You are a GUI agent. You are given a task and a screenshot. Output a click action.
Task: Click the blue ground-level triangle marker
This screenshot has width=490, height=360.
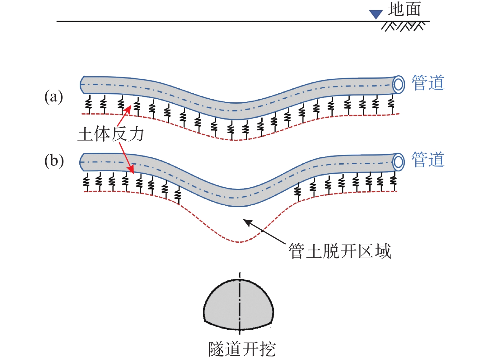pyautogui.click(x=376, y=14)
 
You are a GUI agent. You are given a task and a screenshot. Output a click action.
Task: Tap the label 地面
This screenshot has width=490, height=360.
pyautogui.click(x=404, y=9)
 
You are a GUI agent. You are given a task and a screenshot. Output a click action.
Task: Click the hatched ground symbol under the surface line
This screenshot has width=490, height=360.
pyautogui.click(x=403, y=26)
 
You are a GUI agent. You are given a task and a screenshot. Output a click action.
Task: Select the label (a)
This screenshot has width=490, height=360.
pyautogui.click(x=54, y=96)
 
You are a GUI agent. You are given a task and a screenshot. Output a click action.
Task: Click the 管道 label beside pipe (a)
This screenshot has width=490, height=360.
pyautogui.click(x=428, y=82)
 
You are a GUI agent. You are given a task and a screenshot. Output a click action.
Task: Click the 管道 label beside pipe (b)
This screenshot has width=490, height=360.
pyautogui.click(x=428, y=159)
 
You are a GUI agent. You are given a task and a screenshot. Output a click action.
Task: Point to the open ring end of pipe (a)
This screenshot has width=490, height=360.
pyautogui.click(x=398, y=85)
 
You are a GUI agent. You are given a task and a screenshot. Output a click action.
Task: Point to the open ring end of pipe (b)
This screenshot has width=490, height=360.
pyautogui.click(x=398, y=162)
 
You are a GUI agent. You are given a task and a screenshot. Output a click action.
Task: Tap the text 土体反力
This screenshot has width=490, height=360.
pyautogui.click(x=111, y=134)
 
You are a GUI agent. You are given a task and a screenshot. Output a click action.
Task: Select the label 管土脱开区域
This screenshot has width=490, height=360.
pyautogui.click(x=340, y=251)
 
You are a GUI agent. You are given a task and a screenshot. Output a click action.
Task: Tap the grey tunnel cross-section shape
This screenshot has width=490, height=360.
pyautogui.click(x=239, y=304)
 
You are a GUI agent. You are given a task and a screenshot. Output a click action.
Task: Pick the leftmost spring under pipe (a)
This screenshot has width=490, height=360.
pyautogui.click(x=89, y=104)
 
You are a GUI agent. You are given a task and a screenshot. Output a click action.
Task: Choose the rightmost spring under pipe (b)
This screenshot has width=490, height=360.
pyautogui.click(x=393, y=181)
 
